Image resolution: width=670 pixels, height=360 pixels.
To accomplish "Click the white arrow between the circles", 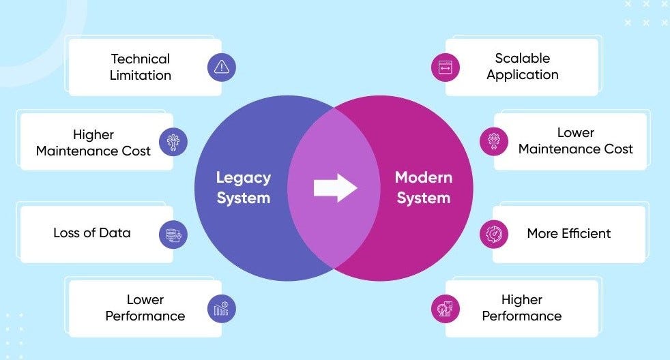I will pyautogui.click(x=335, y=187).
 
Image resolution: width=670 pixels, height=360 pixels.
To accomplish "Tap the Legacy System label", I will pyautogui.click(x=244, y=188).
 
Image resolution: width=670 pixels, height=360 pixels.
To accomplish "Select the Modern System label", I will pyautogui.click(x=423, y=188).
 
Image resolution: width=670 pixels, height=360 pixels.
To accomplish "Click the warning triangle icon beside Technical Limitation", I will pyautogui.click(x=221, y=67).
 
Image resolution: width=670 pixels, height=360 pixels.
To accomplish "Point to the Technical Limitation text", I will pyautogui.click(x=140, y=67).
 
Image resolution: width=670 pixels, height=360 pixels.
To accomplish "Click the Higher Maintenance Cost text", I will pyautogui.click(x=93, y=142).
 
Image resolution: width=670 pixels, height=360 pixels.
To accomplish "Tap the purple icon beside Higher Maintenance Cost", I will pyautogui.click(x=173, y=142).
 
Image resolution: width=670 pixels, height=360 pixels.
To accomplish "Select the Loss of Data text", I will pyautogui.click(x=91, y=232).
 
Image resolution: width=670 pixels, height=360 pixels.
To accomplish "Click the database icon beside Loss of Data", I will pyautogui.click(x=173, y=235).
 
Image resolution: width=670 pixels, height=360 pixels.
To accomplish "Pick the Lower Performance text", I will pyautogui.click(x=145, y=307).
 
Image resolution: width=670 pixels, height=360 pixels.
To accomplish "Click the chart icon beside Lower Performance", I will pyautogui.click(x=221, y=308).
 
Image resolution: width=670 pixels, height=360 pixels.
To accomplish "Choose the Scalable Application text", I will pyautogui.click(x=523, y=67).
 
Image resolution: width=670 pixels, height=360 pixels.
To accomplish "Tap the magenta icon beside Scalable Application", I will pyautogui.click(x=446, y=67).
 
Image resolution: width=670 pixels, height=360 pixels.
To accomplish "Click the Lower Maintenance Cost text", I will pyautogui.click(x=576, y=141).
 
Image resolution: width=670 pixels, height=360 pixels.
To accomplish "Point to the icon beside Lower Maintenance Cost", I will pyautogui.click(x=493, y=142).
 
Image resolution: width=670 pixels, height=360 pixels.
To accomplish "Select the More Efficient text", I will pyautogui.click(x=569, y=233).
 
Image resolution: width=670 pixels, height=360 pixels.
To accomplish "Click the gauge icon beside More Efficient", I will pyautogui.click(x=493, y=234).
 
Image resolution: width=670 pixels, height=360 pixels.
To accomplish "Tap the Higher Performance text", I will pyautogui.click(x=522, y=307).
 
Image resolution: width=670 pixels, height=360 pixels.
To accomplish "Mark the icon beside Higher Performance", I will pyautogui.click(x=446, y=308).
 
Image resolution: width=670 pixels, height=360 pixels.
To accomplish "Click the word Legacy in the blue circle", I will pyautogui.click(x=244, y=178).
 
